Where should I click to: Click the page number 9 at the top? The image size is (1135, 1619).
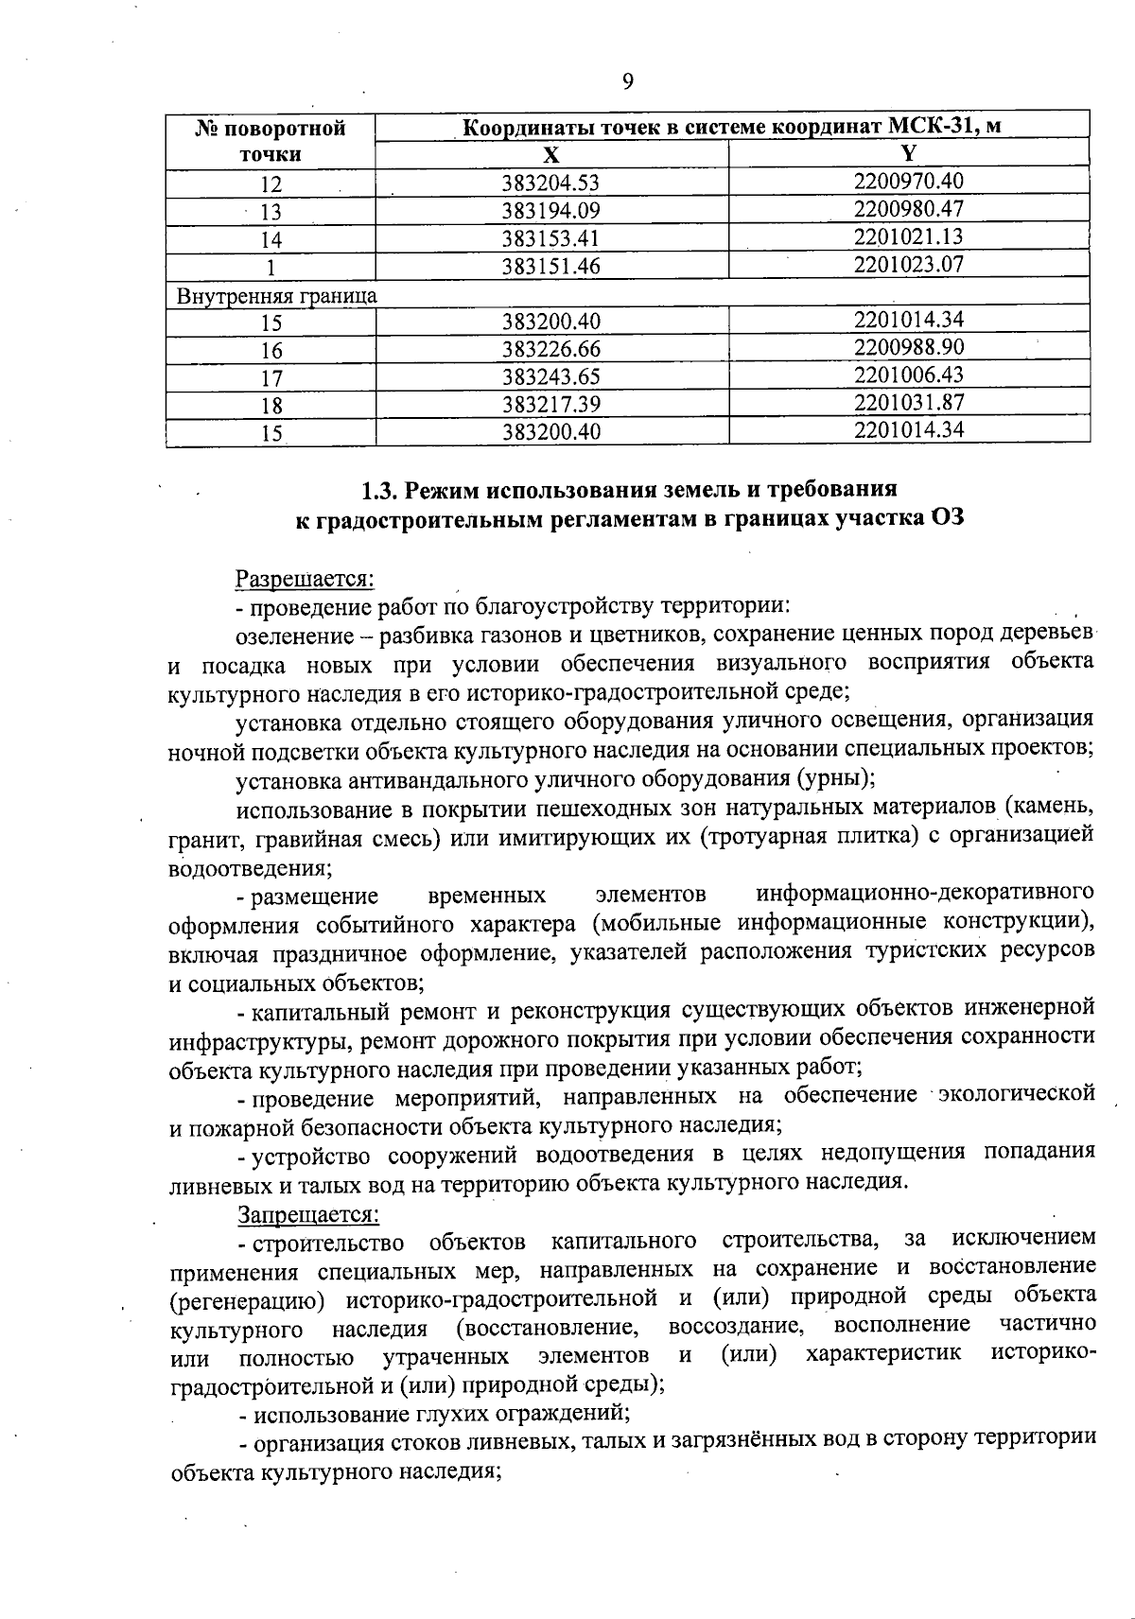(628, 81)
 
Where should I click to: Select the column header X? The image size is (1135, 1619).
(551, 156)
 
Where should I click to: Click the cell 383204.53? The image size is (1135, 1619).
(551, 183)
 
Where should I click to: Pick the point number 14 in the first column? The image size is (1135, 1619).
(271, 239)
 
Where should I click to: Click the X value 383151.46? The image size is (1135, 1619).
(551, 267)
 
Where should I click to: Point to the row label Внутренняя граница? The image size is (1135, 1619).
(277, 295)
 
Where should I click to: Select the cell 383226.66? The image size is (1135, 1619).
(551, 350)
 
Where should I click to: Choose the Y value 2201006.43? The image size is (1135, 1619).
(908, 374)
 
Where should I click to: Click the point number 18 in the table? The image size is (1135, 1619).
(271, 406)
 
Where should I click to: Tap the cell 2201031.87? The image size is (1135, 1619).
(908, 402)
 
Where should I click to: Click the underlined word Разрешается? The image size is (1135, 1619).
(306, 576)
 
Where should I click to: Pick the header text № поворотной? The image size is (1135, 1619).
(271, 129)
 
